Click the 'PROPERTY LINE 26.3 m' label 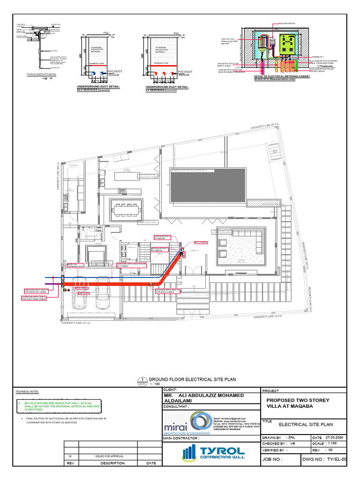265,126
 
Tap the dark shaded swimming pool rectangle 208,184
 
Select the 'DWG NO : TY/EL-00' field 324,459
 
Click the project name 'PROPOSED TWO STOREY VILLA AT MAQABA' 298,403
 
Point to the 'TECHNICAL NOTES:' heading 28,391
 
